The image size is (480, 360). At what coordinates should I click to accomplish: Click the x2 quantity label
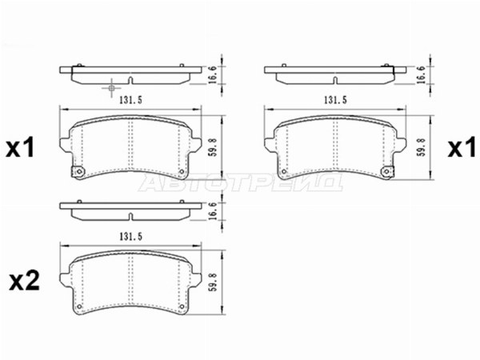[x=24, y=282]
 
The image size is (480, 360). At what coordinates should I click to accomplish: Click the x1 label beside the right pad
[x=462, y=149]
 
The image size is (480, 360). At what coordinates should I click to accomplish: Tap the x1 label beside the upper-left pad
[x=20, y=149]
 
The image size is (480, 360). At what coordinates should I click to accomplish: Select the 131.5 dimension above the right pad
[x=335, y=100]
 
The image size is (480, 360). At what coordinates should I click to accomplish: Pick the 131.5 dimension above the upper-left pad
[x=130, y=100]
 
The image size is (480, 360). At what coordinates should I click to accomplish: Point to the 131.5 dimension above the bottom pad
[x=130, y=236]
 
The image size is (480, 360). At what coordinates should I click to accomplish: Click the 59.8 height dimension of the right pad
[x=422, y=147]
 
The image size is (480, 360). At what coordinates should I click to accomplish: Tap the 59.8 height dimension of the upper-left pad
[x=214, y=147]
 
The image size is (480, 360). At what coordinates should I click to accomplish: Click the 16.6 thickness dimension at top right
[x=422, y=74]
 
